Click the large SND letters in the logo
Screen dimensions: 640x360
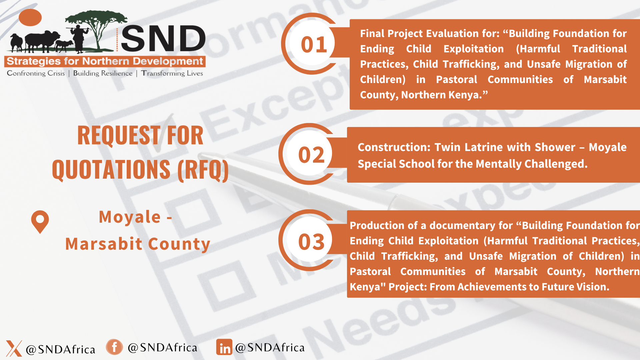pyautogui.click(x=163, y=38)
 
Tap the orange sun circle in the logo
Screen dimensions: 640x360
pyautogui.click(x=30, y=17)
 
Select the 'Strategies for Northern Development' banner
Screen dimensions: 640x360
pyautogui.click(x=105, y=61)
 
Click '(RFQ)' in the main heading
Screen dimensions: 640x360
pyautogui.click(x=203, y=170)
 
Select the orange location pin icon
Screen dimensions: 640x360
pyautogui.click(x=40, y=222)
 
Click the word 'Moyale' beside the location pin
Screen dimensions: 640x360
pyautogui.click(x=130, y=217)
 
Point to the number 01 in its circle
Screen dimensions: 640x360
pyautogui.click(x=314, y=44)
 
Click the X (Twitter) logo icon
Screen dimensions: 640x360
pyautogui.click(x=14, y=348)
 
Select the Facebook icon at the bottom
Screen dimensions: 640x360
pyautogui.click(x=114, y=347)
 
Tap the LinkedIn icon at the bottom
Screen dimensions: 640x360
pyautogui.click(x=224, y=347)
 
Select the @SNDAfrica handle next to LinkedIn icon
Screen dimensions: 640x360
pyautogui.click(x=270, y=348)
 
